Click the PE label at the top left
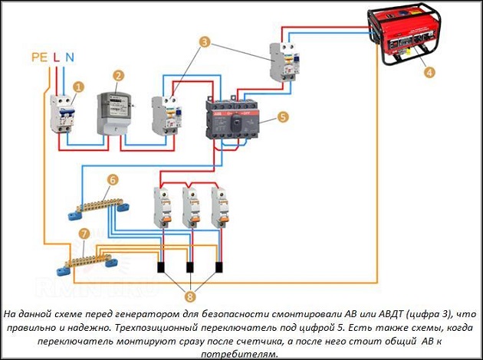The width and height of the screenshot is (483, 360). click(41, 57)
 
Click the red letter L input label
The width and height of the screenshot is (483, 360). click(56, 57)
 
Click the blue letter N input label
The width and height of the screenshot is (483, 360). click(70, 57)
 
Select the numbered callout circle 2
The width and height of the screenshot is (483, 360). click(118, 76)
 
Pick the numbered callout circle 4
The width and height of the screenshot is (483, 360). click(429, 73)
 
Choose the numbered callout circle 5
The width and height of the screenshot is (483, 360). click(282, 117)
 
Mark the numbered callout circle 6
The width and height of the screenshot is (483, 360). click(113, 180)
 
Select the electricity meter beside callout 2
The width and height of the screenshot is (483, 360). click(113, 112)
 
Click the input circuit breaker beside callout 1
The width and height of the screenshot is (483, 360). click(64, 116)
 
